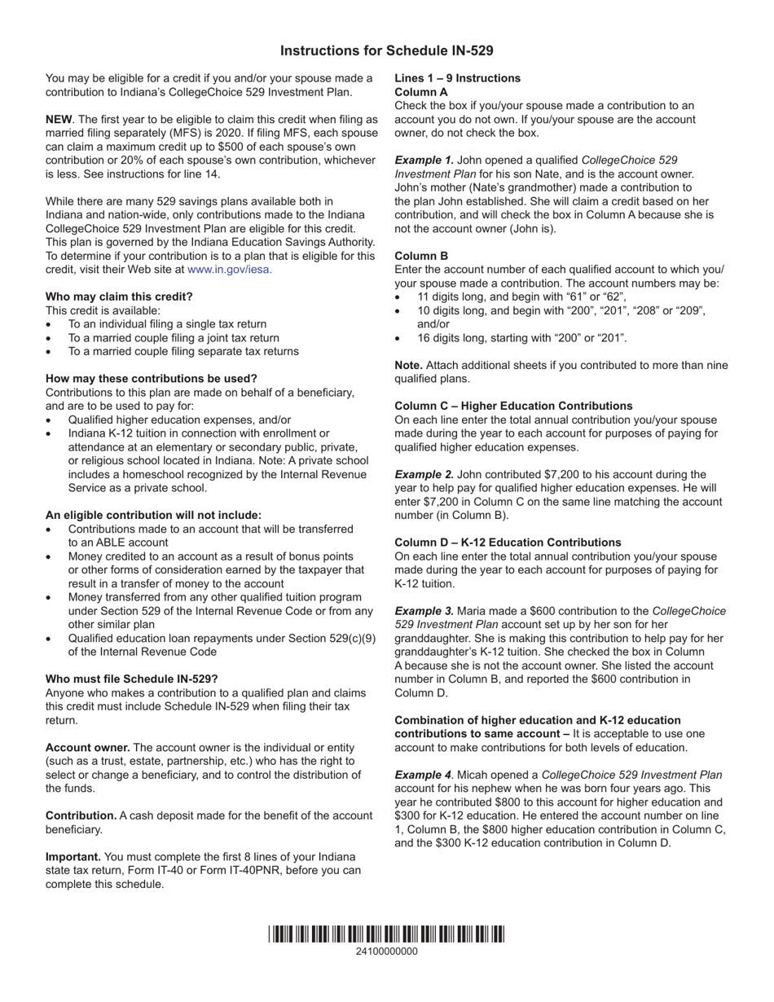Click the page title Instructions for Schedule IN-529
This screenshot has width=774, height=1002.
click(x=386, y=51)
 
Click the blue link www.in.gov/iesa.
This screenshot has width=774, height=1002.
click(x=229, y=269)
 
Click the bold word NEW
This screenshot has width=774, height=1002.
click(x=59, y=119)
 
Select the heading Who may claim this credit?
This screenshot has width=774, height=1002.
click(x=119, y=297)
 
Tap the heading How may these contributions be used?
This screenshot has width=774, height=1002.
click(x=151, y=378)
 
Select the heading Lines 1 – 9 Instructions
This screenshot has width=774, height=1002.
click(x=457, y=78)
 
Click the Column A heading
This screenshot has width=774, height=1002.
click(x=421, y=92)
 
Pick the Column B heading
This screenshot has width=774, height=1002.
click(x=421, y=256)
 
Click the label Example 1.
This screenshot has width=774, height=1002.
click(x=424, y=160)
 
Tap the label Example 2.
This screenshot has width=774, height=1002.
click(x=424, y=474)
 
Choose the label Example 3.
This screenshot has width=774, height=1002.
click(x=424, y=611)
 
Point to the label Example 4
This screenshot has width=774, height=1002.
click(x=424, y=775)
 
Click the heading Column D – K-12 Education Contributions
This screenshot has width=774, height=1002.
click(x=508, y=543)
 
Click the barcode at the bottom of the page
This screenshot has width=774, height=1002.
click(x=386, y=934)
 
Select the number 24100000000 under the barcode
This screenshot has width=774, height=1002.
click(x=386, y=951)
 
